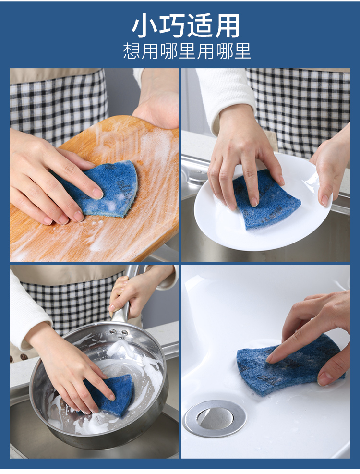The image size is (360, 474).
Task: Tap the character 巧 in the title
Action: click(171, 26)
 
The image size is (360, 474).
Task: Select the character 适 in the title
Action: click(199, 26)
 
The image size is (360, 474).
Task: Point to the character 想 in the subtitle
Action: click(132, 51)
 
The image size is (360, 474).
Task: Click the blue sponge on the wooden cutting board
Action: click(103, 189)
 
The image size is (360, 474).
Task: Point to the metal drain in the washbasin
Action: click(215, 418)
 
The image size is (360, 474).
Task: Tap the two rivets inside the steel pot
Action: click(119, 332)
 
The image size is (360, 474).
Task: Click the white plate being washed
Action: click(263, 203)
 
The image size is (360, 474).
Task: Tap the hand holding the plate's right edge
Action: click(326, 169)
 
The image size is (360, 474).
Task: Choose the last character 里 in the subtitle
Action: click(242, 51)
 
